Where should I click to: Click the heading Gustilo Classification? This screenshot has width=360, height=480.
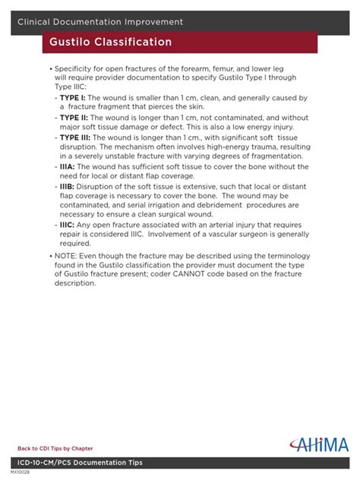(x=111, y=42)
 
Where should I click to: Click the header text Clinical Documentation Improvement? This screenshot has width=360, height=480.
(x=100, y=22)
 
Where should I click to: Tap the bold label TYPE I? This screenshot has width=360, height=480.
(x=73, y=98)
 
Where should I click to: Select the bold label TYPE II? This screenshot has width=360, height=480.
(x=74, y=118)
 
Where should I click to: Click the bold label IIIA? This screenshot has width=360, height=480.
(x=68, y=166)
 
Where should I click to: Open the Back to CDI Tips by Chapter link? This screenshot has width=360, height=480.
(x=55, y=449)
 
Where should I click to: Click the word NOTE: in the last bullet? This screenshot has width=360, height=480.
(x=67, y=255)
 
